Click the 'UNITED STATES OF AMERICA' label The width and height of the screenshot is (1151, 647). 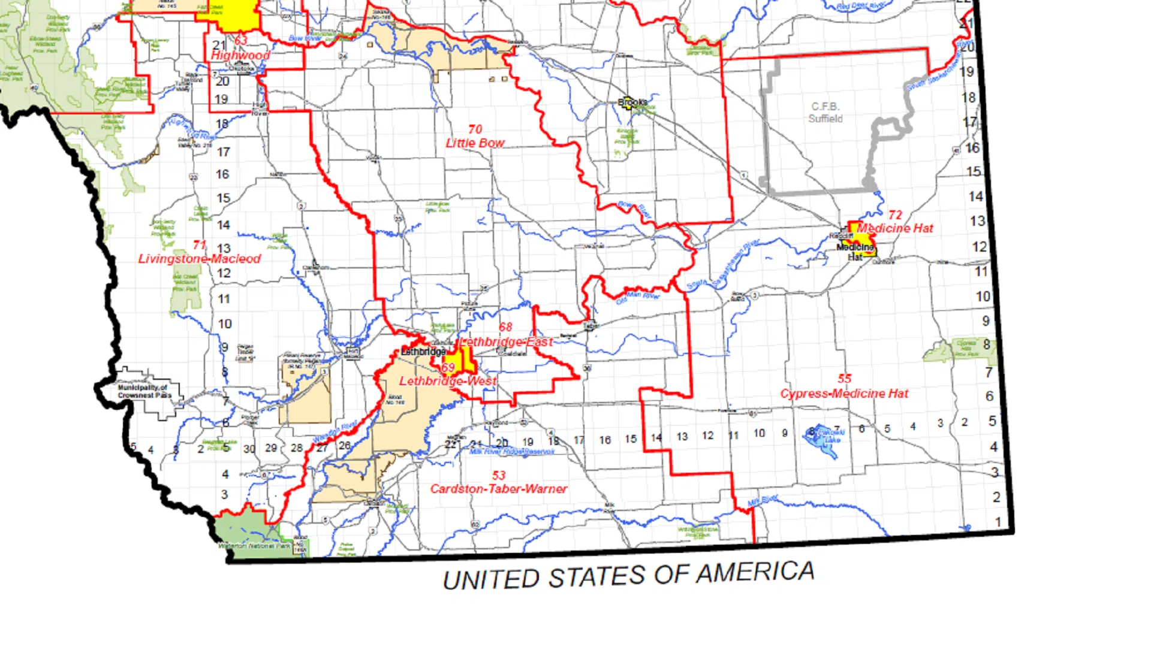(x=628, y=576)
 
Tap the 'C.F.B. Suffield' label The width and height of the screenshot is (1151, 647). (x=825, y=113)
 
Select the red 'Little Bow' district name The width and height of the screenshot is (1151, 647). (x=475, y=143)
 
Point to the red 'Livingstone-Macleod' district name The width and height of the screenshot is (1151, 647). (x=200, y=259)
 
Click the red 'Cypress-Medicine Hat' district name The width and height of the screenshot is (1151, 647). (x=844, y=394)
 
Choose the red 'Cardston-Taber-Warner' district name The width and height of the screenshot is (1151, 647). (x=498, y=489)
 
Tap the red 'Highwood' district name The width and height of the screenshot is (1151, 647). (x=240, y=55)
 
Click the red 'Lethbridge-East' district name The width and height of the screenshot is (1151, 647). (x=507, y=341)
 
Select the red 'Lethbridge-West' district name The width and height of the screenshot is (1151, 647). (x=448, y=381)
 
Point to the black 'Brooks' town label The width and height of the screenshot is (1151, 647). (x=632, y=102)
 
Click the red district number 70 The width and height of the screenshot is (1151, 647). (x=475, y=129)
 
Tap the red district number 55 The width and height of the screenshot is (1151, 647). (x=845, y=379)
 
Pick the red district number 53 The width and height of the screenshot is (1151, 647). (x=499, y=475)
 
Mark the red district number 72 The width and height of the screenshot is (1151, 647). (x=895, y=214)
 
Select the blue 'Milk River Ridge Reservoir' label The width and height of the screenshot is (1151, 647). (x=512, y=452)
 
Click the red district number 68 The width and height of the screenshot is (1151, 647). (x=505, y=327)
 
